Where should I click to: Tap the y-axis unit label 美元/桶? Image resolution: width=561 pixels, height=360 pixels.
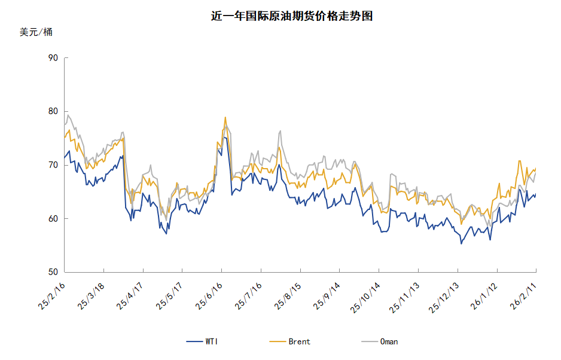36,32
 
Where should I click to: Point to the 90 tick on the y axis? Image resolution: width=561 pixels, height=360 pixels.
52,58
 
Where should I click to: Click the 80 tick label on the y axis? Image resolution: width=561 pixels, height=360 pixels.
52,111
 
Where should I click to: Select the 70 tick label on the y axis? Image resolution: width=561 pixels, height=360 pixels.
52,165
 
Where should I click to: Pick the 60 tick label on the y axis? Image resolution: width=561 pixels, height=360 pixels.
52,219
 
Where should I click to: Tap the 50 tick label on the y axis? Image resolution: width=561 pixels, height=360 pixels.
52,272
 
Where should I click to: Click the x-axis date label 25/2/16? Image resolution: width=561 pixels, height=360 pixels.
52,297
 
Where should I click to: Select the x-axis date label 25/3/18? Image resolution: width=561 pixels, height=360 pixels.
92,297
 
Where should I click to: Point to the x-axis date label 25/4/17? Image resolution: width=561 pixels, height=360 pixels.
131,297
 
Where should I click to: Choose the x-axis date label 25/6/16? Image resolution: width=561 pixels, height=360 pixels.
209,297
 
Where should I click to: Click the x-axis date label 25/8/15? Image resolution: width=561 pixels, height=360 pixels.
288,297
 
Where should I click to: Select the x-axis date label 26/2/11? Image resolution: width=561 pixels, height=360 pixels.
523,297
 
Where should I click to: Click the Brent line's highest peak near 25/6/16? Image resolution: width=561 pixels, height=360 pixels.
225,117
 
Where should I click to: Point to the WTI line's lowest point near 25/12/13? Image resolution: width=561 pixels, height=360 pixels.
461,243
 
